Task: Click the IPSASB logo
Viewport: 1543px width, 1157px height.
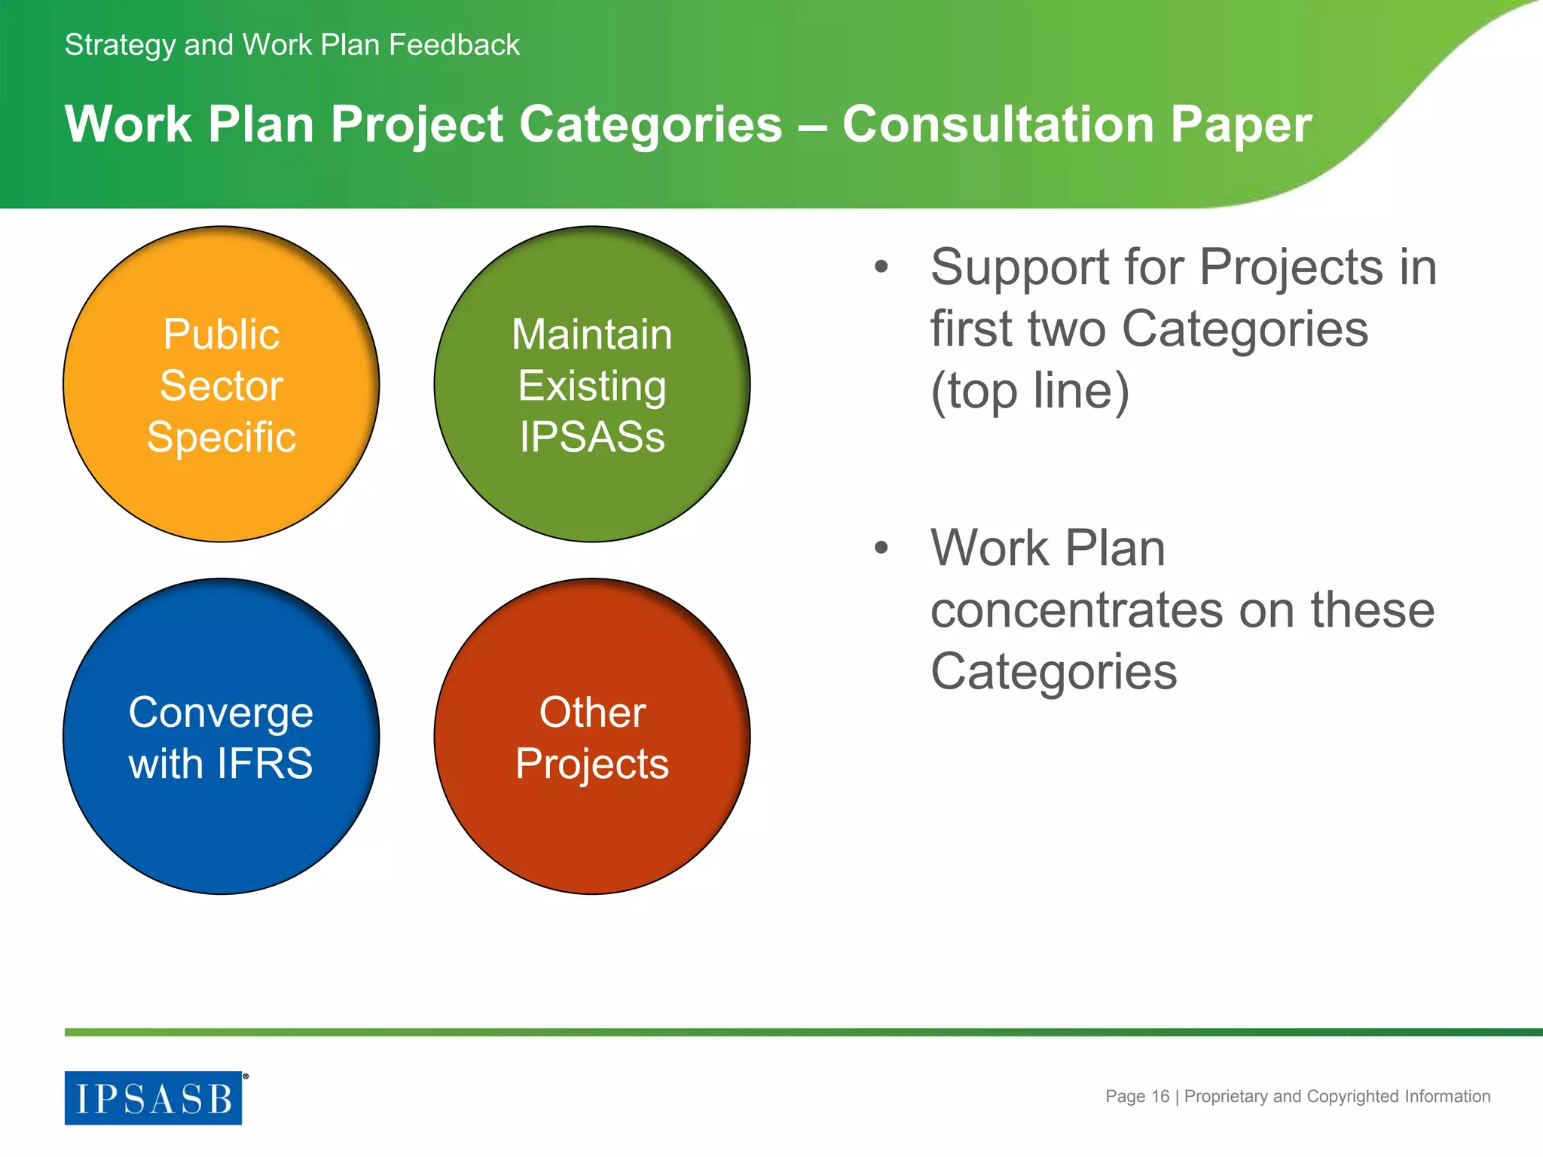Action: (154, 1097)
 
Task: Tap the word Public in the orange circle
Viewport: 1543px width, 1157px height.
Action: (222, 334)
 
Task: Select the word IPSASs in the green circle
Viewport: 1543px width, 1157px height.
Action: (592, 438)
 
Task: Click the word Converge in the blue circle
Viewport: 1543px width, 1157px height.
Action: (221, 713)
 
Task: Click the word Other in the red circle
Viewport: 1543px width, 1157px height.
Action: (592, 713)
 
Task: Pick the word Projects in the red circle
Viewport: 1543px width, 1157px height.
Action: (592, 765)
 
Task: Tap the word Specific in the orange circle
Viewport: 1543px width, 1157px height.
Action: (222, 438)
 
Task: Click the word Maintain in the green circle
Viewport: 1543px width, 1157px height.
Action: (592, 334)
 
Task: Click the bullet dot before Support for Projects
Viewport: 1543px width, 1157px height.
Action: (881, 267)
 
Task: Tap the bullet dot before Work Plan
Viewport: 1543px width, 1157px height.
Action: (881, 548)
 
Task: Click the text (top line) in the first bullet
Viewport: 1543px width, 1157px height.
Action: (1030, 392)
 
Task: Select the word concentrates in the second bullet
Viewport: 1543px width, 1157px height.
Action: (1077, 610)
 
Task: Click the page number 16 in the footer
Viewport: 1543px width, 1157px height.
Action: (1160, 1097)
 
